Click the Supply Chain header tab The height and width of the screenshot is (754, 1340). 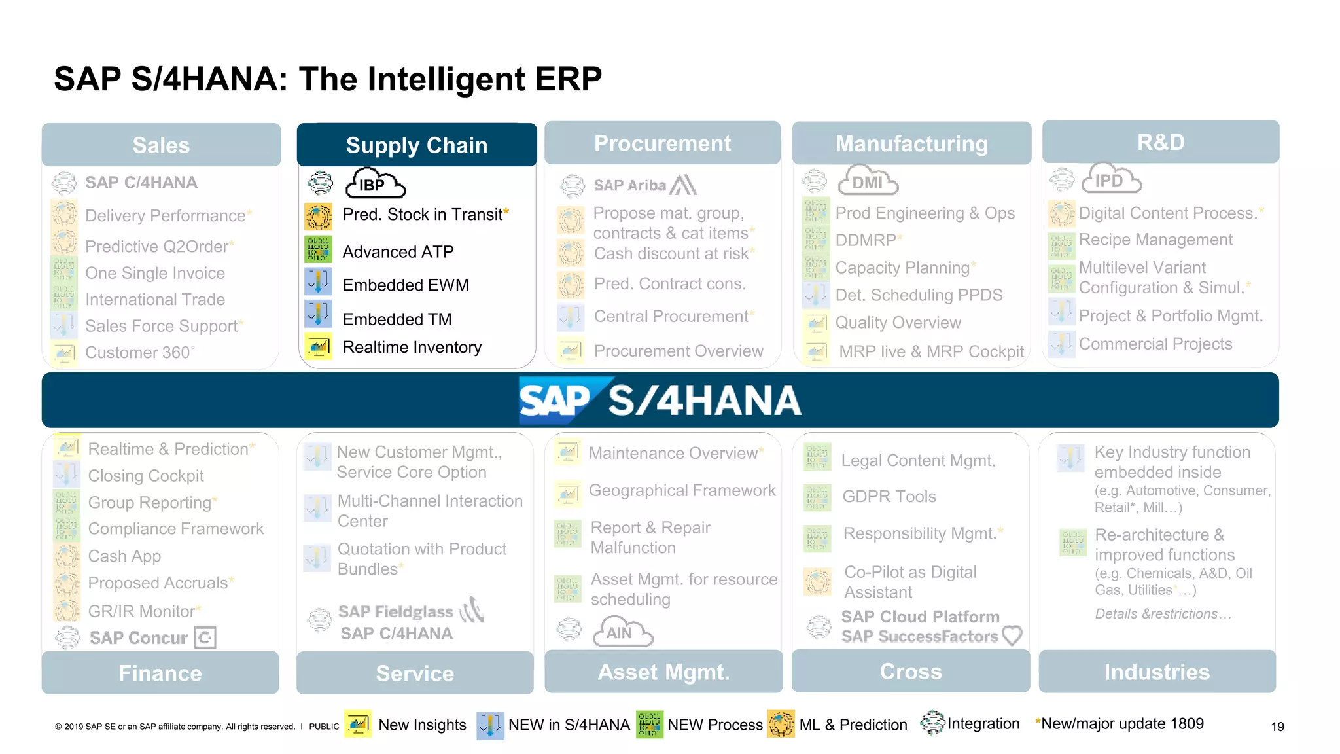(x=417, y=145)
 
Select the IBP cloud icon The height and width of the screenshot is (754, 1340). (x=375, y=184)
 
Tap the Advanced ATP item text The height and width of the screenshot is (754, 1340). (x=398, y=252)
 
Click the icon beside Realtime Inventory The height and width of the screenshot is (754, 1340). (x=319, y=346)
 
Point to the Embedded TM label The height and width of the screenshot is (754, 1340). (x=397, y=319)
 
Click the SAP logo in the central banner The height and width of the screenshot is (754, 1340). (x=555, y=400)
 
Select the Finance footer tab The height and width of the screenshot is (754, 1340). (x=160, y=673)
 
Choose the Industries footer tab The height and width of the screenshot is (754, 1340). (x=1157, y=672)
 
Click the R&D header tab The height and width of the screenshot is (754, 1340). (x=1161, y=142)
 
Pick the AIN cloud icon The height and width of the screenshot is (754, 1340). (x=622, y=632)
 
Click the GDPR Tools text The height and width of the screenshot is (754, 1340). (x=889, y=497)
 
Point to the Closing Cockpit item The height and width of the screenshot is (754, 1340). (x=146, y=476)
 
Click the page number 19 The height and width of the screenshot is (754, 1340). (x=1277, y=727)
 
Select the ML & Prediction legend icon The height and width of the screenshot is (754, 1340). (x=781, y=725)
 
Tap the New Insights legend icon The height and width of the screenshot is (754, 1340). (x=358, y=725)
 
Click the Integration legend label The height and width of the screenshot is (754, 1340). (x=983, y=724)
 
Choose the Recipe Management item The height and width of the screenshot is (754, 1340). (x=1155, y=240)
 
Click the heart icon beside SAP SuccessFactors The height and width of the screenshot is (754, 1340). (x=1012, y=636)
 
